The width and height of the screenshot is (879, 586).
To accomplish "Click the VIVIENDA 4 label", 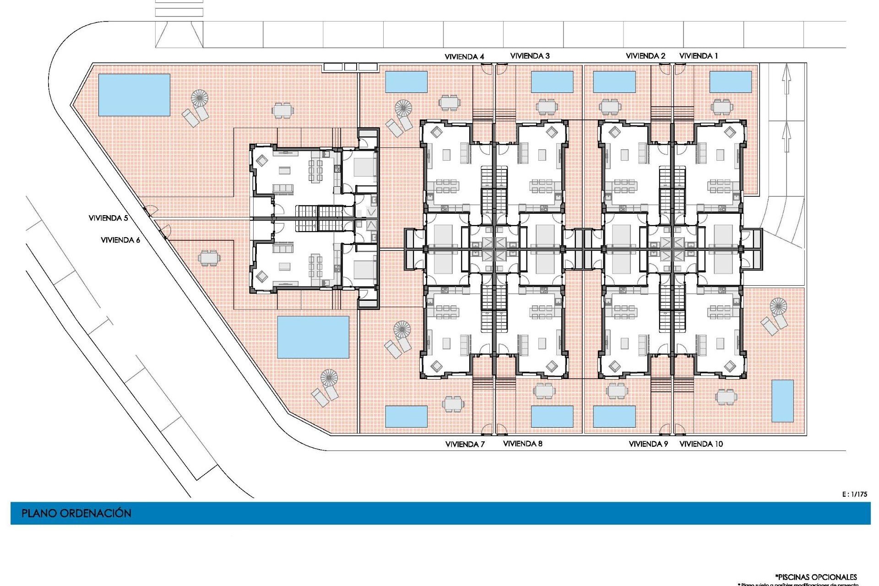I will [464, 57].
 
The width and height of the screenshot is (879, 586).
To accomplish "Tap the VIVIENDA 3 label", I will [530, 56].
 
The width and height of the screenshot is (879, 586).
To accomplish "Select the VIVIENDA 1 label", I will [698, 56].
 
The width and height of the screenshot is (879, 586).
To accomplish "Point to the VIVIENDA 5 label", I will [108, 218].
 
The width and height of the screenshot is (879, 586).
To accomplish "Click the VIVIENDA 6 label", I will [120, 240].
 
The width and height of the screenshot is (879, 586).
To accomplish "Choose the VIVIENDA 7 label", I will [465, 444].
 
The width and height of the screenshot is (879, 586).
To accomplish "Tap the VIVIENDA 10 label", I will [701, 444].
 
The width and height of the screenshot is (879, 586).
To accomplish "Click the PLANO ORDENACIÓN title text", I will [76, 513].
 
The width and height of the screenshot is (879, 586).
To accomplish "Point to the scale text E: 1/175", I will [854, 494].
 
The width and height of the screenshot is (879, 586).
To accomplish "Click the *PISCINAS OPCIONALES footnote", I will [816, 577].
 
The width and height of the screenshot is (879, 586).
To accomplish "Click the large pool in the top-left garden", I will [134, 95].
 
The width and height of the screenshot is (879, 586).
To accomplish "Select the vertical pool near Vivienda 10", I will [782, 401].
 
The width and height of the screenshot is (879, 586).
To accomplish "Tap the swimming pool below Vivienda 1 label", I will [730, 82].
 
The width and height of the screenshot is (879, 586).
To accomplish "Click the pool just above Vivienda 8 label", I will [552, 416].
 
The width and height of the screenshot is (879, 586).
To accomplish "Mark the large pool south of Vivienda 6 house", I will [313, 337].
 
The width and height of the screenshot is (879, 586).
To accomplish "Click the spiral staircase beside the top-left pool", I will [200, 98].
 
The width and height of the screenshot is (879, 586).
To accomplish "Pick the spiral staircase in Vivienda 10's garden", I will [778, 305].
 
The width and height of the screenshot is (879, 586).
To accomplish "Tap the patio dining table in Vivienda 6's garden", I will [209, 258].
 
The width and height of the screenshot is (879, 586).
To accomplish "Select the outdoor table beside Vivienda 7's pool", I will [453, 404].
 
